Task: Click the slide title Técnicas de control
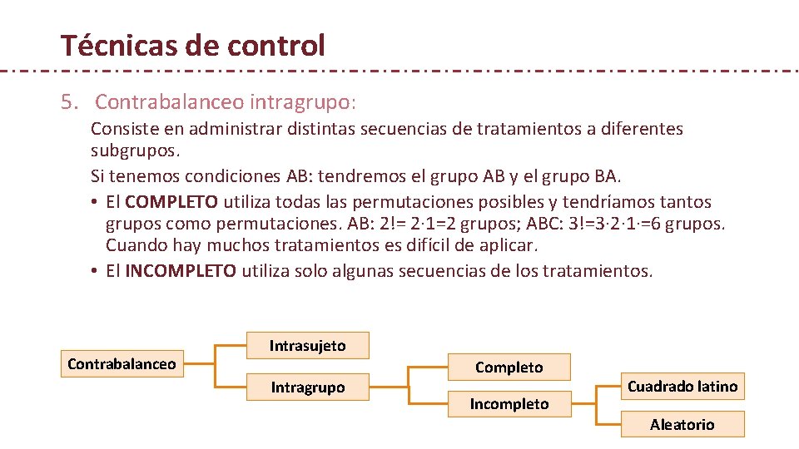coord(192,45)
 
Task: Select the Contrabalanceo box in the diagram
coord(122,364)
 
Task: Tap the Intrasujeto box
coord(307,346)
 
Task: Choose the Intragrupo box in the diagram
coord(307,387)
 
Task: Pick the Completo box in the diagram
coord(509,367)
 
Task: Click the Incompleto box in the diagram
coord(509,404)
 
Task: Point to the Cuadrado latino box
coord(682,387)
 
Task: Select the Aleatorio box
coord(682,425)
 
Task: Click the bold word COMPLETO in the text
coord(172,202)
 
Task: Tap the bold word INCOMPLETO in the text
coord(181,272)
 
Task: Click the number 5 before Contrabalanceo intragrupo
coord(67,102)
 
